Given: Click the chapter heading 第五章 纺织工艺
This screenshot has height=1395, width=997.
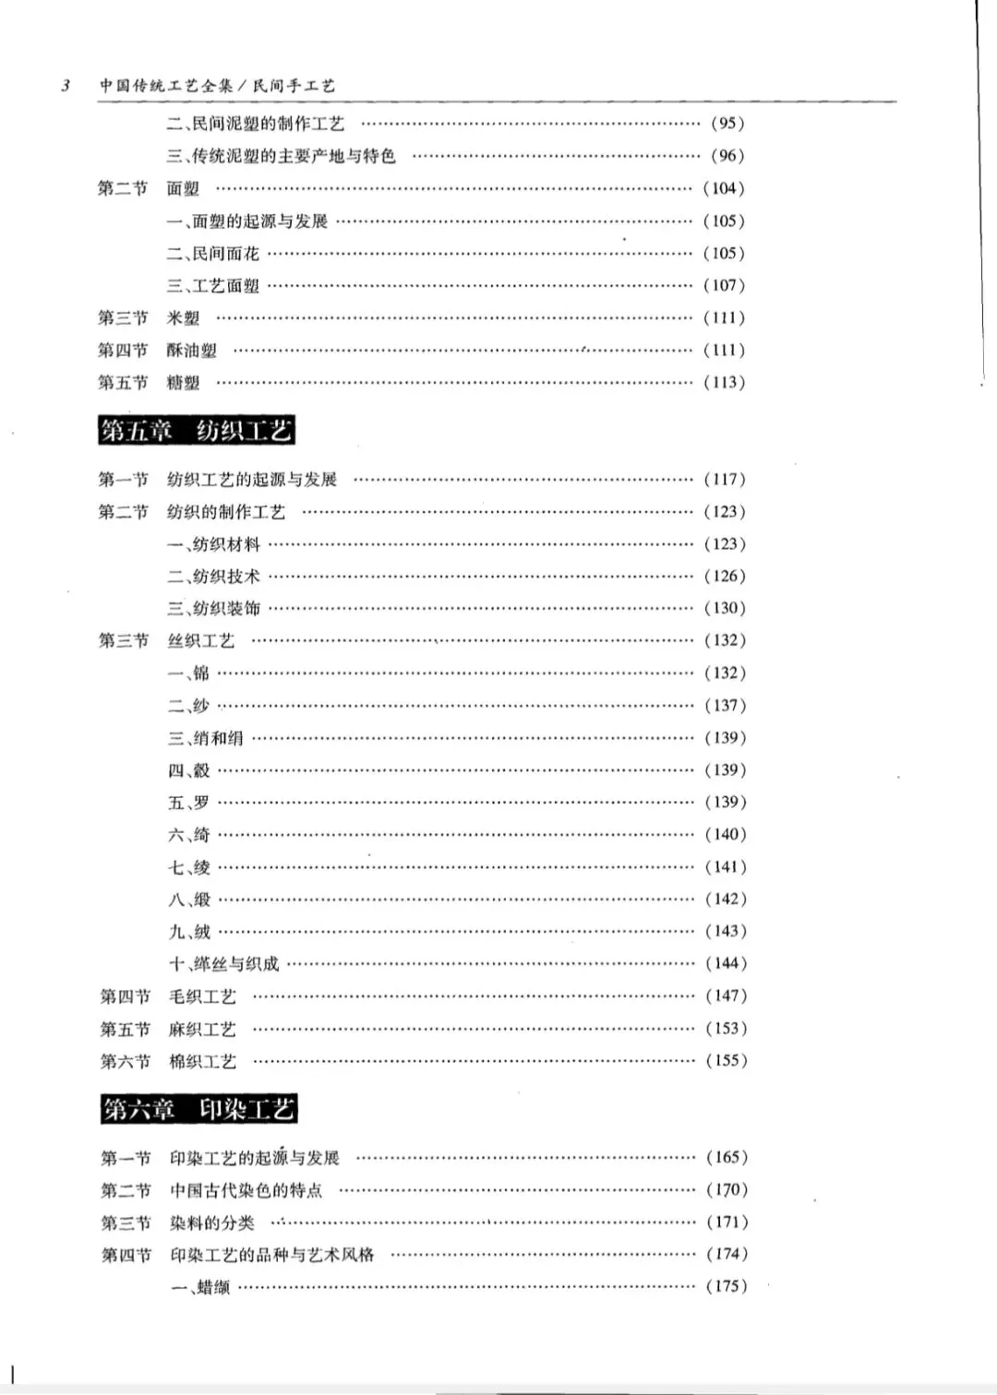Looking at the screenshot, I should (x=197, y=431).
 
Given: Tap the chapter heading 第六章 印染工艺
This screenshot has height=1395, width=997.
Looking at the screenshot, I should (x=198, y=1109).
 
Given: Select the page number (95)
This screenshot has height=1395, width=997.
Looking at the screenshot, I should (x=727, y=124).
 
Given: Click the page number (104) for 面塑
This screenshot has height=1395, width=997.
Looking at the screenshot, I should (x=724, y=188).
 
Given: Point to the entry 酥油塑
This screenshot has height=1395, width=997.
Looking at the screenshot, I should (x=192, y=351).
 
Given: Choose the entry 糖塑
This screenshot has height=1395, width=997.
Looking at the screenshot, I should (x=183, y=383).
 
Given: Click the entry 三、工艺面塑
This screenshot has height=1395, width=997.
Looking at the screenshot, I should (x=213, y=286).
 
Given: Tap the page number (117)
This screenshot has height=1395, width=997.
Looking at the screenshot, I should (x=725, y=480).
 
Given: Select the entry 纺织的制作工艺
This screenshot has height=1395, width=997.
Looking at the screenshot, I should (x=226, y=512).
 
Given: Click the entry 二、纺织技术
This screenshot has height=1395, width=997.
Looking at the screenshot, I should (x=213, y=577).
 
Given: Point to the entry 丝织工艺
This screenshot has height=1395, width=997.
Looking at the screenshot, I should (x=201, y=641).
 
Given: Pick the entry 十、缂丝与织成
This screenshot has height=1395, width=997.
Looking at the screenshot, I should (x=223, y=964).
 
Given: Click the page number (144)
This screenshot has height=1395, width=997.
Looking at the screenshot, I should (x=727, y=963).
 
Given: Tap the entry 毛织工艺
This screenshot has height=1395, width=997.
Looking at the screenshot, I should (x=202, y=996).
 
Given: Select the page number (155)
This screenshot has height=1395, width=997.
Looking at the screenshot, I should (x=727, y=1061).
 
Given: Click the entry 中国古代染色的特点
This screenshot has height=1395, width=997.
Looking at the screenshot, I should (x=246, y=1190).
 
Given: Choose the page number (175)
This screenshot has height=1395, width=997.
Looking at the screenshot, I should (x=727, y=1286).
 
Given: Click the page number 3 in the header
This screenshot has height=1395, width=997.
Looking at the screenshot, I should (x=66, y=87).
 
